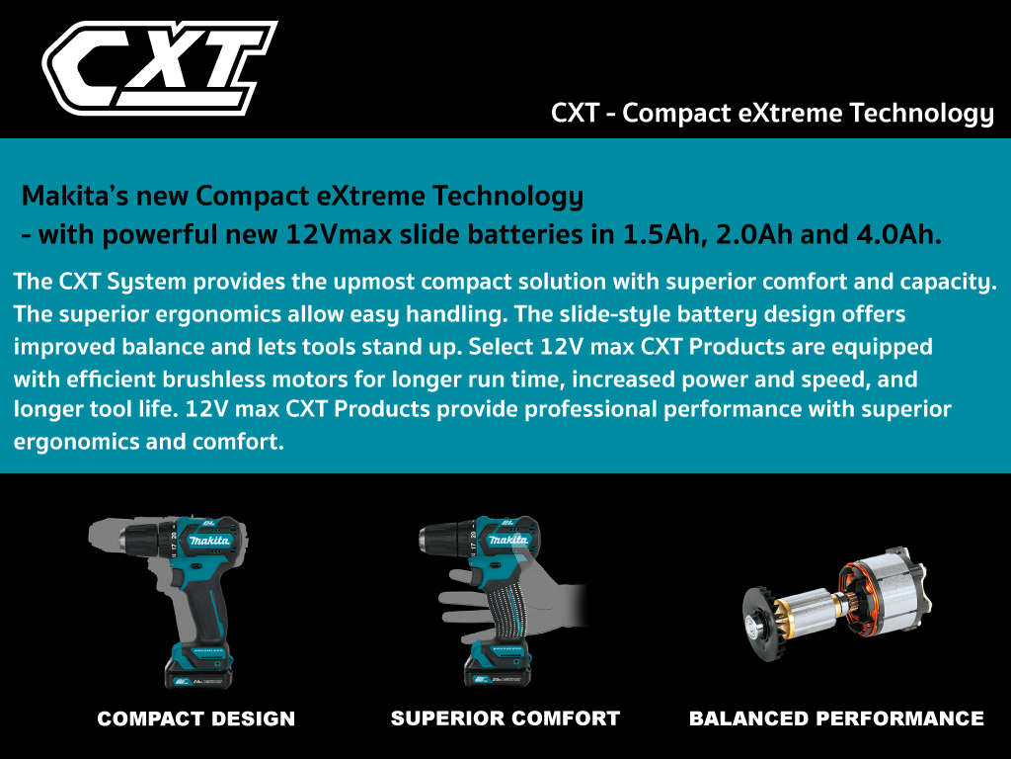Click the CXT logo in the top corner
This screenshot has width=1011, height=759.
(x=159, y=68)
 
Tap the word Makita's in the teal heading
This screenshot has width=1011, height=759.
(x=75, y=196)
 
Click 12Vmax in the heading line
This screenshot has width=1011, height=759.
(x=339, y=234)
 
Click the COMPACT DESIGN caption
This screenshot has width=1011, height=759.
(x=196, y=718)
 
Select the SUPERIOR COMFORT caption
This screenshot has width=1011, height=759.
(x=505, y=718)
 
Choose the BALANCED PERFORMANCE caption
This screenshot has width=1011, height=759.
(x=836, y=718)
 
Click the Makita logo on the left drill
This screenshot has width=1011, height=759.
(x=208, y=540)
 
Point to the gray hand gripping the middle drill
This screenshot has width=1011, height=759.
(x=509, y=604)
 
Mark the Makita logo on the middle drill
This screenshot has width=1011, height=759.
(x=508, y=540)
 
